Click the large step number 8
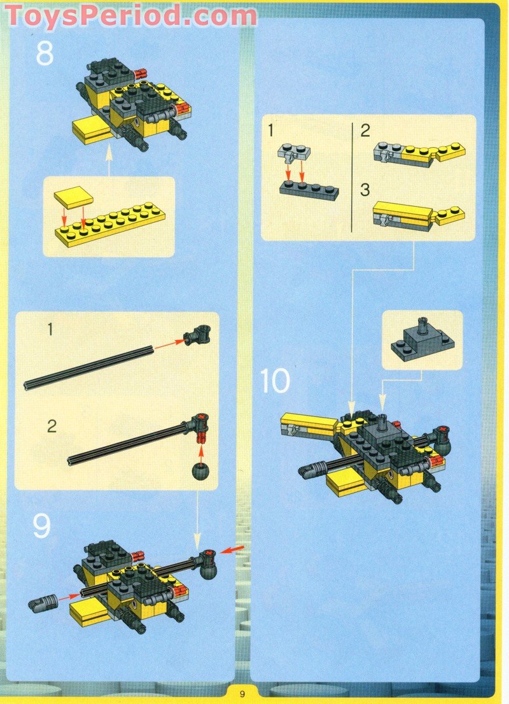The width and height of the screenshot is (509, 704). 45,54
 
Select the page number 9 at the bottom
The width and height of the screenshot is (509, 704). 243,694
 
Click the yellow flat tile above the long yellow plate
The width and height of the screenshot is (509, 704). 73,198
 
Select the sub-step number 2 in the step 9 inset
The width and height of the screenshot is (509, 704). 52,426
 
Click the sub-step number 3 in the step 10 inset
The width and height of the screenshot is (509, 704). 365,190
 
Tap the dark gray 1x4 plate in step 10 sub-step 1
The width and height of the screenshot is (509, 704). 309,190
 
